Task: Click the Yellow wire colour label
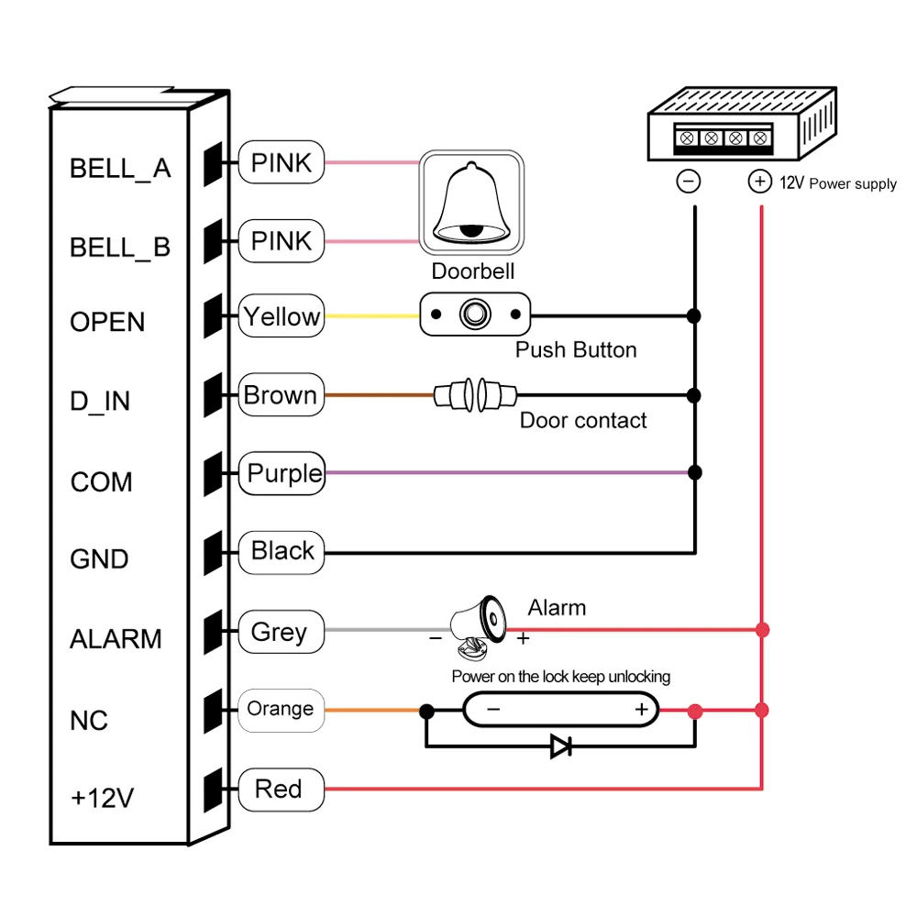(282, 317)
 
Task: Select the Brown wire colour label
(281, 396)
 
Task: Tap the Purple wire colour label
(285, 474)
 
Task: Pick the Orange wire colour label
(281, 709)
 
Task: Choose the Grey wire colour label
(280, 632)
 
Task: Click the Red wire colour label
(279, 789)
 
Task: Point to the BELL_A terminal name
(120, 169)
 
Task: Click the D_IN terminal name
(100, 402)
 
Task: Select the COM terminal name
(101, 481)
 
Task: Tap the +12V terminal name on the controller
(103, 798)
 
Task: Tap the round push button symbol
(474, 315)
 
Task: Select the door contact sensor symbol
(474, 396)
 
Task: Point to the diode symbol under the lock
(560, 746)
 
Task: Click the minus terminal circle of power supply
(688, 182)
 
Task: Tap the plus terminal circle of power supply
(759, 182)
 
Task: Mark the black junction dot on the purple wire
(694, 473)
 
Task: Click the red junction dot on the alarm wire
(762, 630)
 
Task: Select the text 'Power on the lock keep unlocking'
(560, 677)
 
